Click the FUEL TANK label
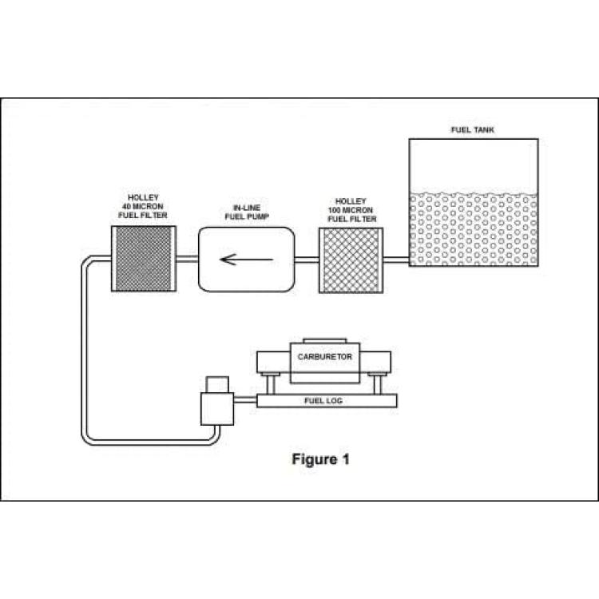(473, 130)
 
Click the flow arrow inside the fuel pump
(247, 260)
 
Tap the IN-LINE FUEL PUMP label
(247, 212)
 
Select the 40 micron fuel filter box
(144, 259)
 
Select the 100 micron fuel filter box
(351, 260)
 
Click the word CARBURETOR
(325, 357)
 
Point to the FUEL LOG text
(323, 401)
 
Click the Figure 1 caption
(320, 459)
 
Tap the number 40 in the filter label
(126, 207)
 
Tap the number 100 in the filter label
(335, 210)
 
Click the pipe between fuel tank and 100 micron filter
(396, 260)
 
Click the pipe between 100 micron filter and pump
(307, 260)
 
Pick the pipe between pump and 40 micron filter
(187, 259)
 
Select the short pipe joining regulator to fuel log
(245, 400)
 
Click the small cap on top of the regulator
(217, 385)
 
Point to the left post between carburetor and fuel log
(271, 385)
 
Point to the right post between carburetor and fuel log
(377, 385)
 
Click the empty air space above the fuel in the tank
(474, 165)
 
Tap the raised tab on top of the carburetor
(325, 341)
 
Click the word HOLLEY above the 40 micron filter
(143, 198)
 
